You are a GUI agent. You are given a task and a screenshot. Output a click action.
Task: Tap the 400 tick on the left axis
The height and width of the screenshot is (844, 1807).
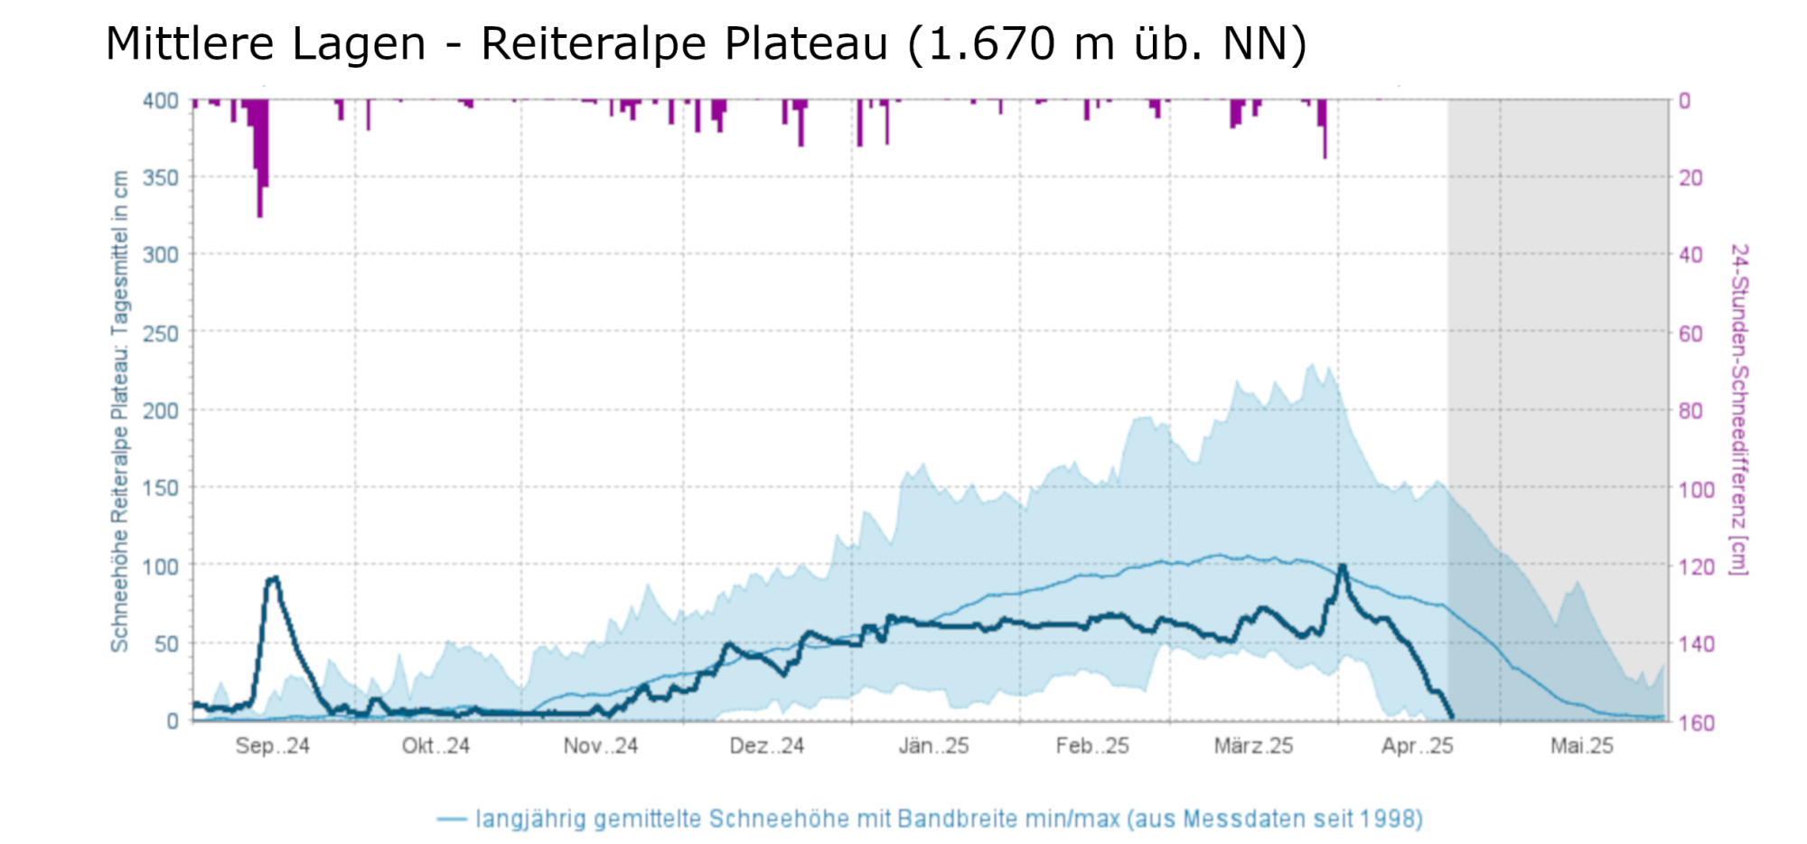(x=161, y=100)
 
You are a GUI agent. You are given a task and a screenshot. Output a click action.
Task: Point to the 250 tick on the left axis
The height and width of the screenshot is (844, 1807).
(x=161, y=333)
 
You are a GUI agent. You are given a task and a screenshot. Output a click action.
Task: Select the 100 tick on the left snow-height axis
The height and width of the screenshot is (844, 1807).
(x=161, y=567)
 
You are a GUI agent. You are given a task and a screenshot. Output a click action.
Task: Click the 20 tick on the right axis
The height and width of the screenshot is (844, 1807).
(x=1691, y=178)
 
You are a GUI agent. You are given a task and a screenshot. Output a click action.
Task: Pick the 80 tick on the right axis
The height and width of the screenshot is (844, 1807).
(x=1691, y=411)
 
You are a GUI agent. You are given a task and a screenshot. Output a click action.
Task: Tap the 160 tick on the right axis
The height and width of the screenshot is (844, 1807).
(x=1696, y=723)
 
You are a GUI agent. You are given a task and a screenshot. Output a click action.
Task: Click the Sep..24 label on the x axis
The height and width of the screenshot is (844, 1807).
(x=272, y=746)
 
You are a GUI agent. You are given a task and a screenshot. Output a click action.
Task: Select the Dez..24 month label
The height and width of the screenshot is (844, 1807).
(x=766, y=746)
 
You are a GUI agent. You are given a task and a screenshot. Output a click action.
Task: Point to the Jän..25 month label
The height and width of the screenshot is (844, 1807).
(x=933, y=746)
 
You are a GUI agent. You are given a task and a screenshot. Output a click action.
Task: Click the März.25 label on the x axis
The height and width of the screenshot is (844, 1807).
(x=1253, y=746)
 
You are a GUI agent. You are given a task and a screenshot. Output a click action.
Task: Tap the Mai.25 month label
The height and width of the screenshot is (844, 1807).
(x=1581, y=746)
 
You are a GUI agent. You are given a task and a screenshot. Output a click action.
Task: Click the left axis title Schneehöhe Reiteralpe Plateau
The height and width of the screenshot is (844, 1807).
(x=120, y=411)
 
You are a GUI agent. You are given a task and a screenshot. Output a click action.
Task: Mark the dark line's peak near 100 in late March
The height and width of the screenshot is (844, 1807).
(x=1342, y=567)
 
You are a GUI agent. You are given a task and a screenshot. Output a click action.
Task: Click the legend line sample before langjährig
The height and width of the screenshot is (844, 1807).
(x=452, y=820)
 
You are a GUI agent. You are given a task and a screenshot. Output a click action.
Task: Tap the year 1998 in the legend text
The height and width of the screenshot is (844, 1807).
(x=1387, y=820)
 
